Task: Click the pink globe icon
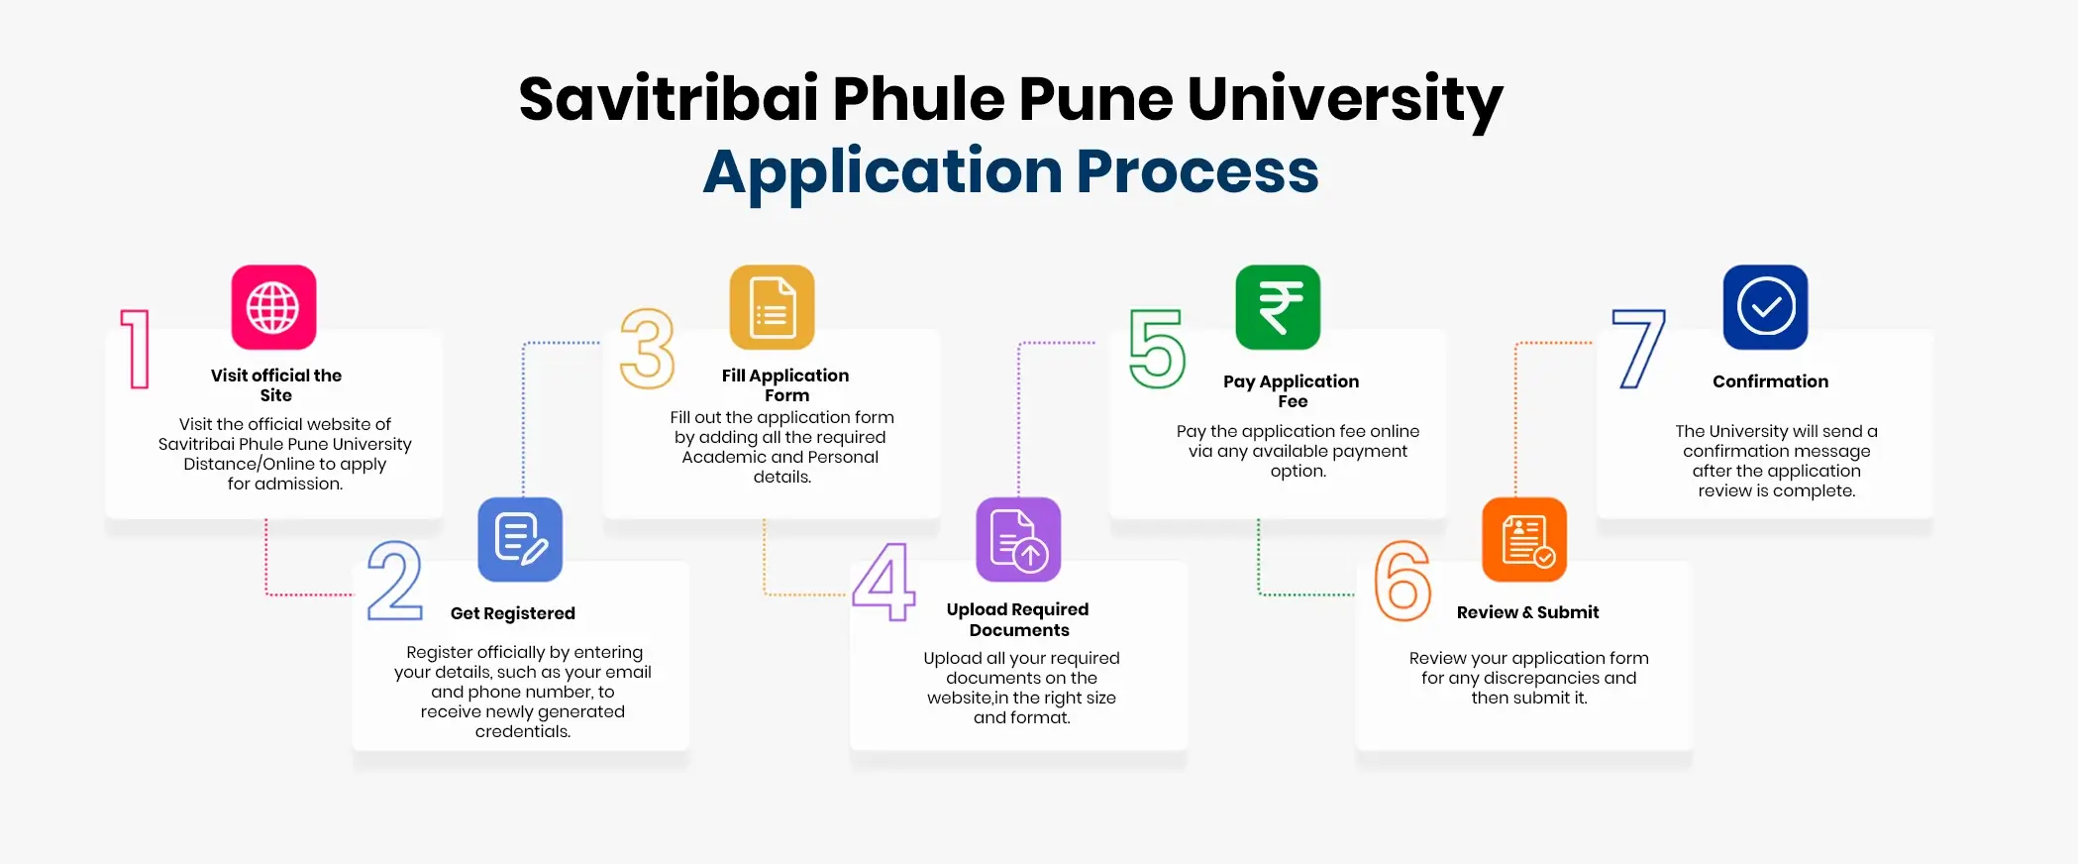tap(273, 307)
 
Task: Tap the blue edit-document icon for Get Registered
tap(520, 539)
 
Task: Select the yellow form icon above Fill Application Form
tap(772, 307)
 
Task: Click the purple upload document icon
tap(1018, 539)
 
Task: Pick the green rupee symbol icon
tap(1278, 307)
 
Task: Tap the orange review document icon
tap(1524, 539)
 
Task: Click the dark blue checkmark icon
tap(1765, 307)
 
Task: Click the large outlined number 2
tap(394, 582)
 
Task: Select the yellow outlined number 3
tap(647, 349)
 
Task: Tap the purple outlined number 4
tap(883, 582)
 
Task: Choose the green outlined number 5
tap(1157, 349)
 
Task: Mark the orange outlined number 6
tap(1403, 582)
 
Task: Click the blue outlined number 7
tap(1639, 349)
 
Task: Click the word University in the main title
tap(1344, 100)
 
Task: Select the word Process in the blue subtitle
tap(1197, 171)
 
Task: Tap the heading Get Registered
tap(512, 613)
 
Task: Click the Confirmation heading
tap(1770, 381)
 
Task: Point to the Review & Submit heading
tap(1527, 612)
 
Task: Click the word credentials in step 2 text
tap(522, 731)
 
